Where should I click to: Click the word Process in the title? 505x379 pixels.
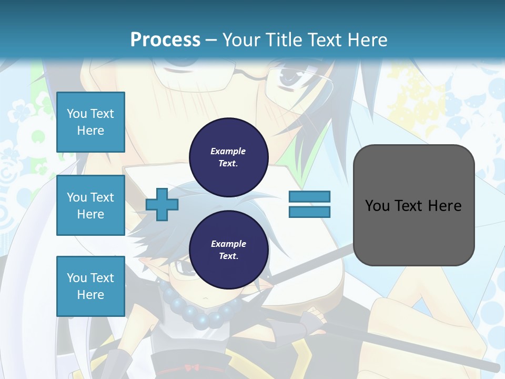[x=165, y=39]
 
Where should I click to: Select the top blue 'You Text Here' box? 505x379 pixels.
[x=90, y=122]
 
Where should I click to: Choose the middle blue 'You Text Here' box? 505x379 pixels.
[x=90, y=205]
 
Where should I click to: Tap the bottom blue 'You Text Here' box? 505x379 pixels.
[x=90, y=286]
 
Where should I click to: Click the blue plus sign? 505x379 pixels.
[x=161, y=204]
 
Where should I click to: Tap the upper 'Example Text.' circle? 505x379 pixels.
[x=228, y=157]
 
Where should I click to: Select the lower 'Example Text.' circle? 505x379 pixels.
[x=228, y=250]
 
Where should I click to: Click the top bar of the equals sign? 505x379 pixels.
[x=309, y=196]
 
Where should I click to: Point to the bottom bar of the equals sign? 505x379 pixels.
[x=309, y=212]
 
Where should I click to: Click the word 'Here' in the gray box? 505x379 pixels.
[x=445, y=206]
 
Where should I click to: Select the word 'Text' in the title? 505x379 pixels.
[x=327, y=40]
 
